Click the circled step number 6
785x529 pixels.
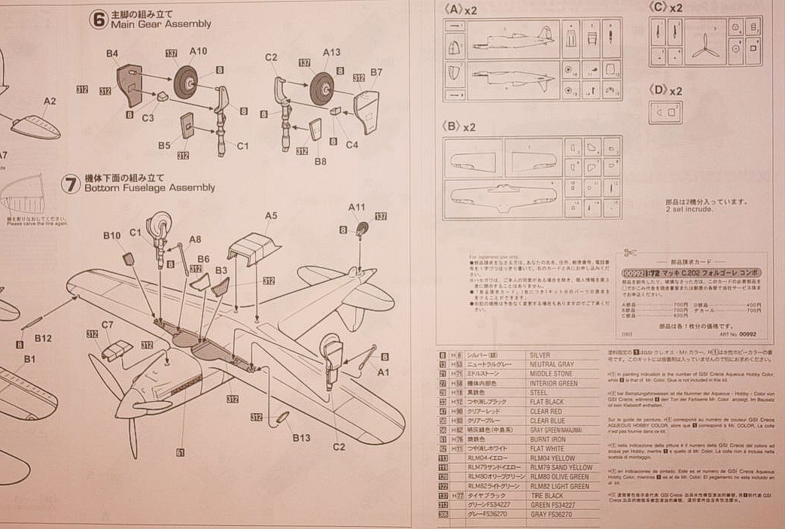tap(97, 20)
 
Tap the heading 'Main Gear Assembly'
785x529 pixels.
tap(160, 24)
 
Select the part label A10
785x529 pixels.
tap(199, 51)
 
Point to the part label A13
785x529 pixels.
tap(332, 52)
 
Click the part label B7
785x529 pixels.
tap(377, 72)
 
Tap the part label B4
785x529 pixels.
tap(112, 53)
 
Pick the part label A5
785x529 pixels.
tap(271, 215)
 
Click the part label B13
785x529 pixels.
tap(301, 438)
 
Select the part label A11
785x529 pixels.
tap(357, 206)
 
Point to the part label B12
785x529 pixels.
tap(43, 339)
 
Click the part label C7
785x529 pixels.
tap(108, 324)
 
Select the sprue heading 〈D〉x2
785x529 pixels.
tap(665, 90)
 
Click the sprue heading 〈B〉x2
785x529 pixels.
tap(461, 126)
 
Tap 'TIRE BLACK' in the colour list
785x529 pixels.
tap(546, 496)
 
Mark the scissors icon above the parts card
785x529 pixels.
tap(631, 255)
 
